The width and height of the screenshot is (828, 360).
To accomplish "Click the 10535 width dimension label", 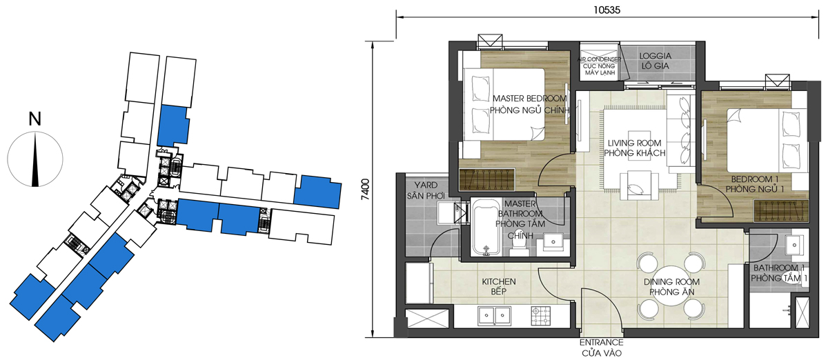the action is click(x=607, y=10).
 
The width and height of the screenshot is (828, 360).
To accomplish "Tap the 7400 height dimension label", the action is click(x=366, y=189).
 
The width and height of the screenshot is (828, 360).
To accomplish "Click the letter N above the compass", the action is click(x=35, y=119).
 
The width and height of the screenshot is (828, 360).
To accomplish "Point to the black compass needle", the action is click(x=35, y=159).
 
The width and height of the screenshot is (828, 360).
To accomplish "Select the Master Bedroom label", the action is click(x=530, y=104).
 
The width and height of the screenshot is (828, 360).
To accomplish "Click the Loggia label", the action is click(x=655, y=61).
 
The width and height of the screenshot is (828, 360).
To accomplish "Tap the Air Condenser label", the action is click(x=600, y=66).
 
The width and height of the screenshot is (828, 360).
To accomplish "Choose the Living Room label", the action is click(x=635, y=148).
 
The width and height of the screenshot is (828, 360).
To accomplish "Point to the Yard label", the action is click(x=426, y=190).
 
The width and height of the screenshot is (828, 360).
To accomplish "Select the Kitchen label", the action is click(x=499, y=286).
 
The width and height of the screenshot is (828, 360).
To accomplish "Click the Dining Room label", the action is click(x=671, y=287).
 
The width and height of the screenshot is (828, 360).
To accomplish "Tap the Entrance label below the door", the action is click(x=602, y=348).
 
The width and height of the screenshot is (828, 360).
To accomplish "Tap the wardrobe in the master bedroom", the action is click(x=487, y=180).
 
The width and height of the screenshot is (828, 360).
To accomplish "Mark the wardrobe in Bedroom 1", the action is click(x=781, y=211).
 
